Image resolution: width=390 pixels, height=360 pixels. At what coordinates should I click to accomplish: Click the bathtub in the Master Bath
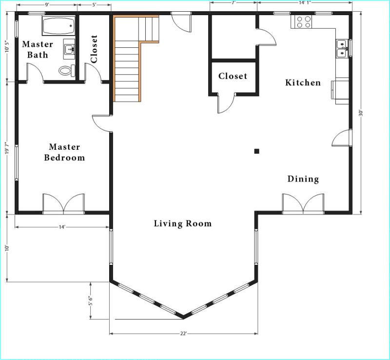click(x=58, y=26)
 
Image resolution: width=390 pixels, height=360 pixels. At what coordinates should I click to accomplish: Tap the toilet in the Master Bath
click(x=67, y=70)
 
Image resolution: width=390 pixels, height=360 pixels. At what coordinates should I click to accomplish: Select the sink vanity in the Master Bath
click(x=69, y=49)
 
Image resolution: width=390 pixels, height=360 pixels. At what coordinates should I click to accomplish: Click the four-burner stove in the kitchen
click(x=303, y=21)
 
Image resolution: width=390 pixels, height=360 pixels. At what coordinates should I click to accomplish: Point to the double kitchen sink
click(x=342, y=49)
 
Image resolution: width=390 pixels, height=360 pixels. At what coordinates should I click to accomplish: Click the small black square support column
click(x=257, y=151)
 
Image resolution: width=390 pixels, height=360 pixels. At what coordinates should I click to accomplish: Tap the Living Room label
click(x=182, y=223)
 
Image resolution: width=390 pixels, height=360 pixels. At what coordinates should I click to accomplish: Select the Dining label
click(x=303, y=179)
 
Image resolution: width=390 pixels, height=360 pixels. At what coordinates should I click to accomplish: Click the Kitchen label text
click(x=303, y=82)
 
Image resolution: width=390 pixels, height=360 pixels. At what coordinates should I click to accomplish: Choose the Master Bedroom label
click(x=64, y=152)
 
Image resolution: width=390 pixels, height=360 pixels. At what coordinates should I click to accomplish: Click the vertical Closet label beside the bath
click(x=94, y=49)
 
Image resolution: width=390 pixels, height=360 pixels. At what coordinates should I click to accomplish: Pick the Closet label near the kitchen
click(x=233, y=76)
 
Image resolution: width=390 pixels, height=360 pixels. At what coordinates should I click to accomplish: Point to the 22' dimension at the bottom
click(x=183, y=334)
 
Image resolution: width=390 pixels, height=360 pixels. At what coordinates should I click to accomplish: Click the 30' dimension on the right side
click(x=361, y=113)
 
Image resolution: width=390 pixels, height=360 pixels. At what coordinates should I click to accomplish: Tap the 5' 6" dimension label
click(x=91, y=301)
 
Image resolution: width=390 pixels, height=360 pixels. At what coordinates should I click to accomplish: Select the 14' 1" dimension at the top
click(x=305, y=2)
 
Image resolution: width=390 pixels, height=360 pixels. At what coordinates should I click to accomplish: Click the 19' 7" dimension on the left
click(x=7, y=148)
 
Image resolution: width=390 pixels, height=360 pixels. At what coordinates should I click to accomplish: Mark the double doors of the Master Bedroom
click(x=64, y=204)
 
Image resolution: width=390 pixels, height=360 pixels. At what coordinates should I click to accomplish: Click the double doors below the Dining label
click(x=303, y=204)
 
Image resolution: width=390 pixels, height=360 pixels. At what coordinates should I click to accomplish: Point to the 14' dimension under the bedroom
click(x=62, y=227)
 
